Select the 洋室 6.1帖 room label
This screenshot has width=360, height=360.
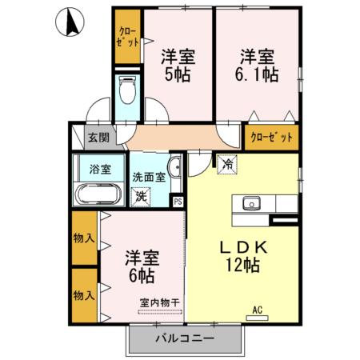[255, 65]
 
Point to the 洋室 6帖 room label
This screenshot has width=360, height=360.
[142, 266]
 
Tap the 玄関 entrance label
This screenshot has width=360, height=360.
[98, 136]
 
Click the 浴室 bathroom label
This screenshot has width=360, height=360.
[99, 170]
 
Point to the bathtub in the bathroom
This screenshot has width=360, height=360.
[98, 194]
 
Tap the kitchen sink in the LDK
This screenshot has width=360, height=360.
[252, 203]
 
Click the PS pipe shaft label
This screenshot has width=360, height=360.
[178, 202]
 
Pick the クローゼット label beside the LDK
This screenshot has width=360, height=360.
[271, 137]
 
